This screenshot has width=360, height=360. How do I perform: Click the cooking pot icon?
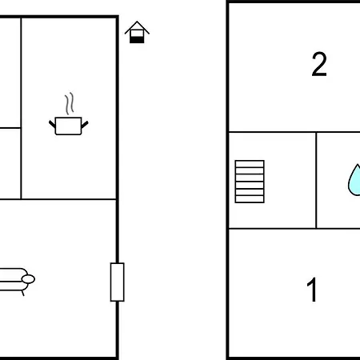[x=69, y=126]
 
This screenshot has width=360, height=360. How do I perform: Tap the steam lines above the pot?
[x=70, y=103]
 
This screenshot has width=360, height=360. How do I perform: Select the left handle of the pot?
[x=52, y=124]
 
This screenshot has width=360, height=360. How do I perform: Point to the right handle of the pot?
[x=85, y=125]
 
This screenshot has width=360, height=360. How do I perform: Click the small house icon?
[x=137, y=32]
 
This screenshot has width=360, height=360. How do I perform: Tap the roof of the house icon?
[x=137, y=26]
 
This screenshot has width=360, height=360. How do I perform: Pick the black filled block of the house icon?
[x=137, y=40]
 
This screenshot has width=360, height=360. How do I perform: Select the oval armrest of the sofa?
[x=28, y=279]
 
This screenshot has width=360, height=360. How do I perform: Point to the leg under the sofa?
[x=23, y=293]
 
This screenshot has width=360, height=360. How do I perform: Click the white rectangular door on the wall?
[x=118, y=282]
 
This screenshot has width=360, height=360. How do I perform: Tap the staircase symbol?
[x=250, y=182]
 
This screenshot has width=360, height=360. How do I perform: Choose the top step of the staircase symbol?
[x=250, y=164]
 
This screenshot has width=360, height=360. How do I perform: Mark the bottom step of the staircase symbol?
[x=250, y=199]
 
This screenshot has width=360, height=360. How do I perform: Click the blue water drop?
[x=354, y=180]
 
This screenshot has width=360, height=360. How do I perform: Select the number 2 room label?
[x=319, y=64]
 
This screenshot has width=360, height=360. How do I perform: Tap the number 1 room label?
[x=312, y=290]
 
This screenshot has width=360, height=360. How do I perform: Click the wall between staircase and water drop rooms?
[x=316, y=180]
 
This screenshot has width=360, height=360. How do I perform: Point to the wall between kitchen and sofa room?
[x=58, y=199]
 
